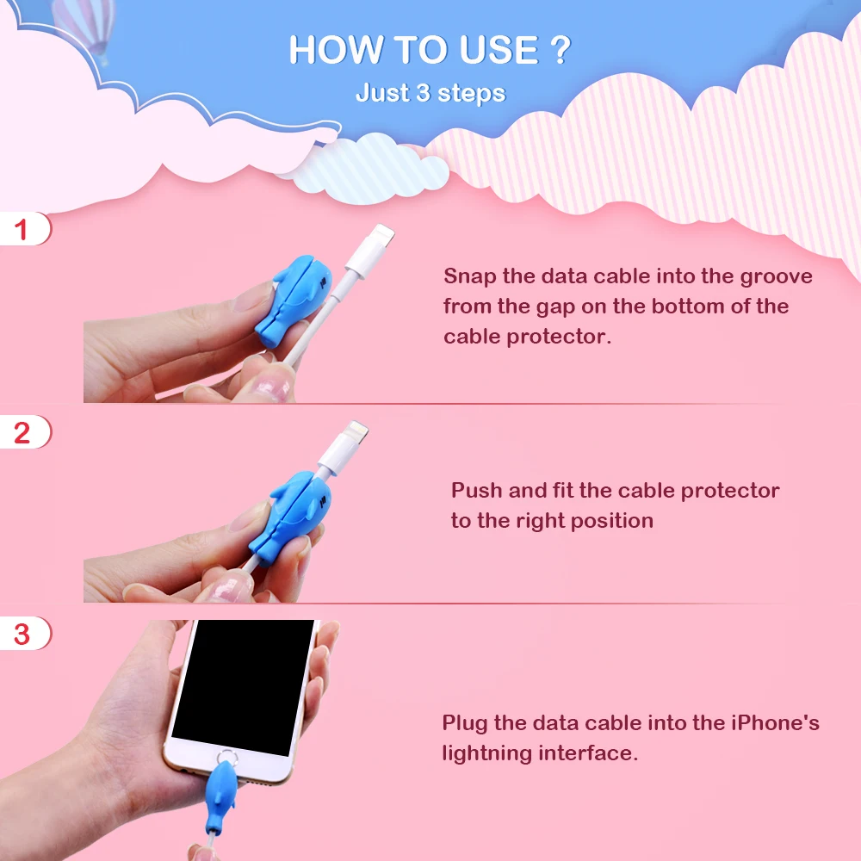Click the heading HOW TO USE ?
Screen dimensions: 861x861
point(429,51)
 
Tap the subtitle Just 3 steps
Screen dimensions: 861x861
point(430,93)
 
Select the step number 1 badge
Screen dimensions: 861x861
point(23,230)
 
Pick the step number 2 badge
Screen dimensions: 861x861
point(23,432)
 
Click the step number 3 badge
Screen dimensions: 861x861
point(23,635)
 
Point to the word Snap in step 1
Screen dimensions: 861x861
point(470,276)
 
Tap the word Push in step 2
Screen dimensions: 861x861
point(477,491)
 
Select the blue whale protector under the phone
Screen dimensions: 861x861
point(226,788)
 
